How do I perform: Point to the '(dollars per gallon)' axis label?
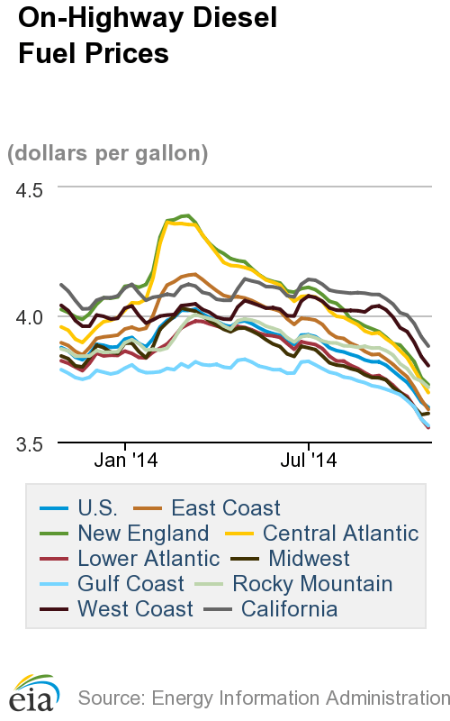click(108, 153)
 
